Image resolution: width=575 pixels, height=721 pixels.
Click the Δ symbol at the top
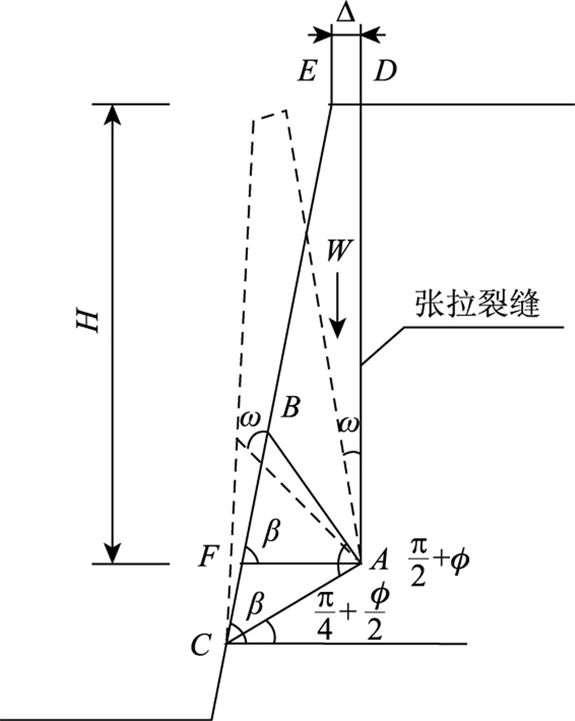click(x=345, y=12)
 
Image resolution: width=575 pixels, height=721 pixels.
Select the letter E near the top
click(x=307, y=72)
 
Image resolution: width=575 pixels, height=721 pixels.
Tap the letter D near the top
click(x=384, y=72)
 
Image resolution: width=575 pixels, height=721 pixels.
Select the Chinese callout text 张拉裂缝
click(x=476, y=306)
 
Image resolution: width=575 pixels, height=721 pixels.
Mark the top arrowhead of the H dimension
click(x=115, y=115)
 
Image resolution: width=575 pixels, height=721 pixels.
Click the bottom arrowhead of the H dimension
click(x=115, y=554)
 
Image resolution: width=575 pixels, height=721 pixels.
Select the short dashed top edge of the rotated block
click(x=270, y=114)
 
